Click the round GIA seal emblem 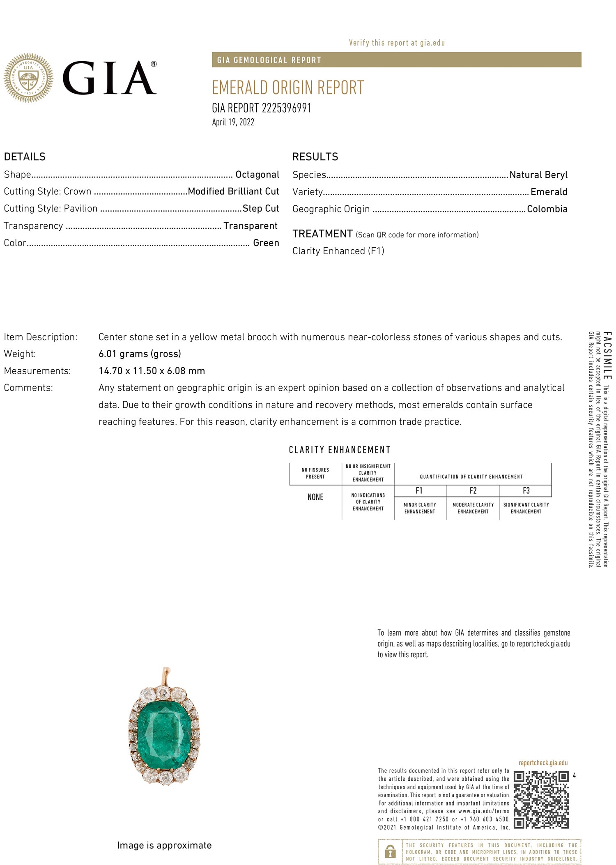pos(28,77)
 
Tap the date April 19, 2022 pos(233,122)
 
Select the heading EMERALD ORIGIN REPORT pos(287,87)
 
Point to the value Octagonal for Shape pos(257,175)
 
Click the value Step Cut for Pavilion pos(261,208)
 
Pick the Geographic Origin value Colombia pos(547,209)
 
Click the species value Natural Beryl pos(538,175)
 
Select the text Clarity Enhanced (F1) pos(338,251)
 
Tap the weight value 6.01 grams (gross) pos(140,354)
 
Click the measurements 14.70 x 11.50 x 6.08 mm pos(152,371)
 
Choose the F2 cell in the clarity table pos(473,491)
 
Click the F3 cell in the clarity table pos(526,491)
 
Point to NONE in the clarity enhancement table pos(315,497)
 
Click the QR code pos(541,800)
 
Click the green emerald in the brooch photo pos(164,734)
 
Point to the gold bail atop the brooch pos(166,675)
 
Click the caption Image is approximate pos(164,845)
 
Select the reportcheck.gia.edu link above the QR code pos(543,763)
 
